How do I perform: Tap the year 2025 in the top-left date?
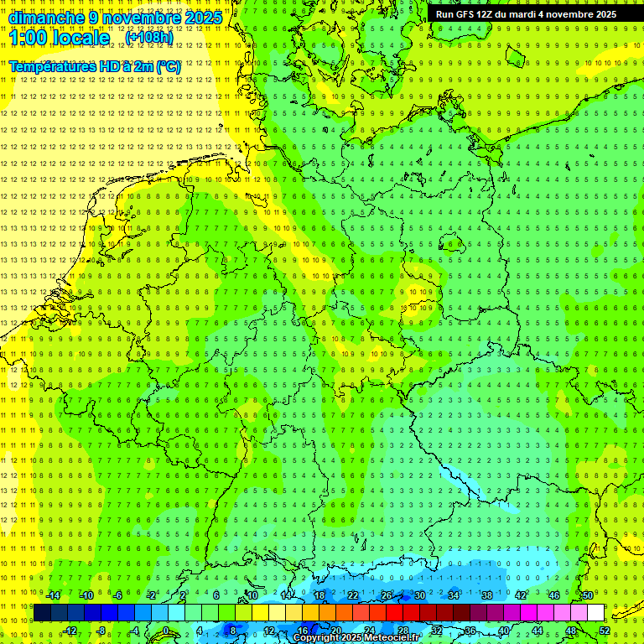pyautogui.click(x=203, y=18)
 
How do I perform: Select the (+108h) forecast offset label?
pyautogui.click(x=149, y=38)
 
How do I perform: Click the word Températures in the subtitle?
pyautogui.click(x=52, y=66)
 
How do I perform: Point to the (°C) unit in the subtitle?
pyautogui.click(x=169, y=66)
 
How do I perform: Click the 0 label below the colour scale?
pyautogui.click(x=165, y=631)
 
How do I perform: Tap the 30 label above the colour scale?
pyautogui.click(x=419, y=595)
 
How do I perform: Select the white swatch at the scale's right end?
pyautogui.click(x=596, y=612)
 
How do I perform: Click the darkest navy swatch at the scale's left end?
pyautogui.click(x=42, y=612)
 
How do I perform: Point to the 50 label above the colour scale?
pyautogui.click(x=587, y=595)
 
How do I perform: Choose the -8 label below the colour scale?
pyautogui.click(x=101, y=631)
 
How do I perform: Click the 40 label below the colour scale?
pyautogui.click(x=503, y=631)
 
